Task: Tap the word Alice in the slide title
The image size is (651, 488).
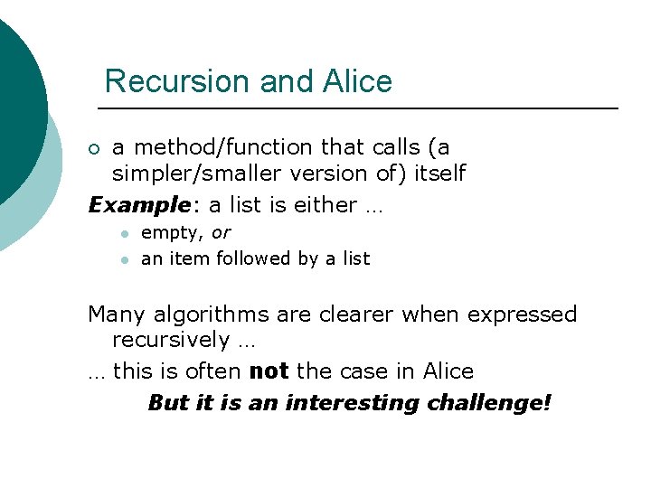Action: pyautogui.click(x=356, y=81)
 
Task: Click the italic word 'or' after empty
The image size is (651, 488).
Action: pyautogui.click(x=220, y=233)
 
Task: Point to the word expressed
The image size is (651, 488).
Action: pyautogui.click(x=525, y=314)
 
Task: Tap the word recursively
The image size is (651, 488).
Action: pyautogui.click(x=171, y=340)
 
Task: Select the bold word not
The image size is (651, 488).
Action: pyautogui.click(x=269, y=371)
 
